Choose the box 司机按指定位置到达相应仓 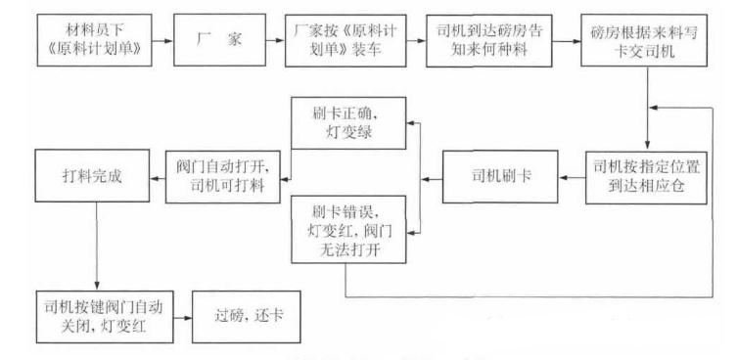coord(647,176)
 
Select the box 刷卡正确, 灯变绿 coord(347,123)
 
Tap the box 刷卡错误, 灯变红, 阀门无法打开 coord(347,228)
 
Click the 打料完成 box coord(95,176)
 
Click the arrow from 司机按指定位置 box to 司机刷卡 coord(574,177)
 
